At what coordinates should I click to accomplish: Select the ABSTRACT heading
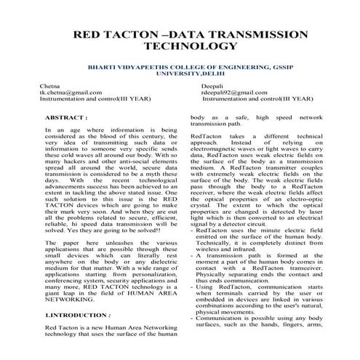66,116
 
